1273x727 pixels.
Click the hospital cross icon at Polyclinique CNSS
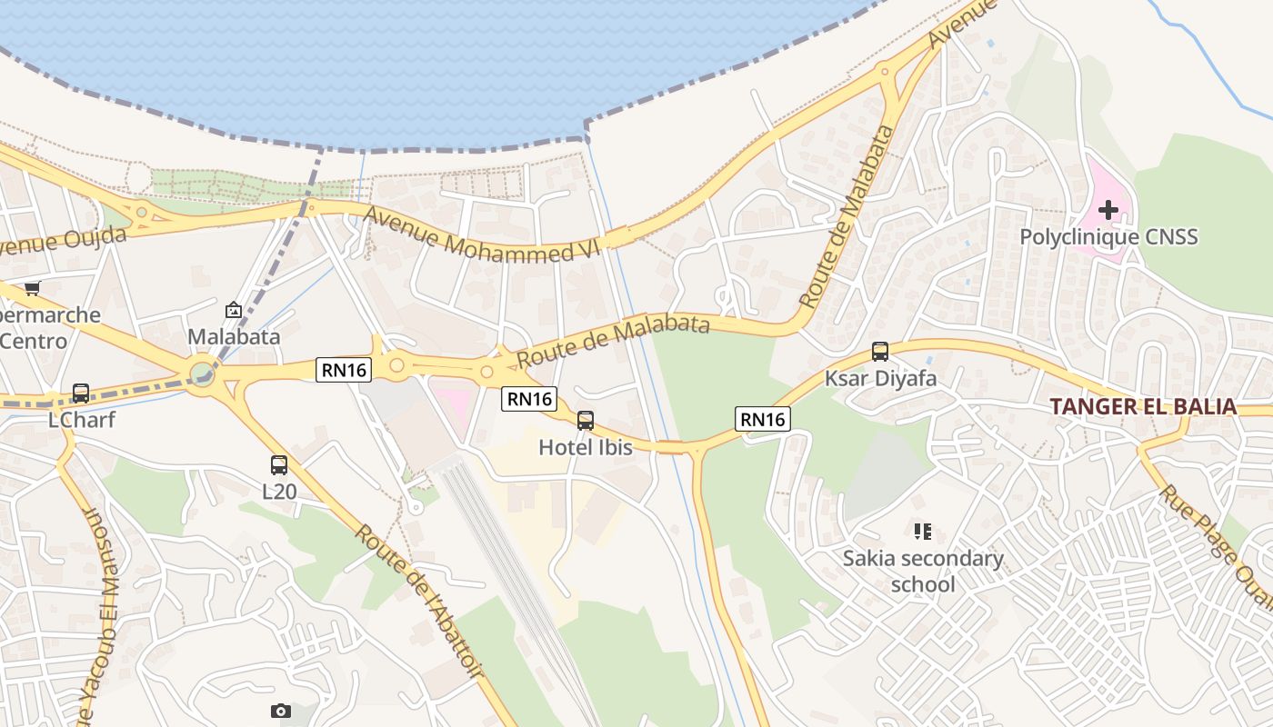1108,211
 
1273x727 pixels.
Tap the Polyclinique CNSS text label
1108,237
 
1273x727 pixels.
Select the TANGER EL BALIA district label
1143,406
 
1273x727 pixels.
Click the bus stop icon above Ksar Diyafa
879,352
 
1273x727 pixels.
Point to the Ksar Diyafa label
880,378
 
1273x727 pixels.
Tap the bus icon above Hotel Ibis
586,421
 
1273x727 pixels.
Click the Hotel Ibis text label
585,447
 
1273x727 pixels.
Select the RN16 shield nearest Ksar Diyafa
762,419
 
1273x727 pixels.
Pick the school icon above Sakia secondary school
923,531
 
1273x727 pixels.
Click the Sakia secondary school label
923,571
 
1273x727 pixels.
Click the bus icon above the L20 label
279,465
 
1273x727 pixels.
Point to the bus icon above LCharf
81,393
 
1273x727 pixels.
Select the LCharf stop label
82,421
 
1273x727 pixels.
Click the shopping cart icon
33,288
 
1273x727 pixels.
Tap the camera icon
281,711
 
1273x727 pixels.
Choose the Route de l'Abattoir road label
419,600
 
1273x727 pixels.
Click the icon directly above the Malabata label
234,310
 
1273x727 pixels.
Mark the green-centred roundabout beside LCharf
202,373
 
